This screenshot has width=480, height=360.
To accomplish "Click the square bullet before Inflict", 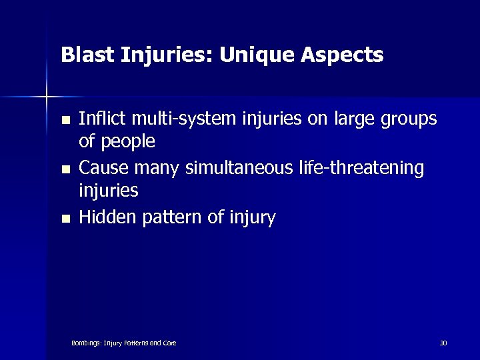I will point(65,121).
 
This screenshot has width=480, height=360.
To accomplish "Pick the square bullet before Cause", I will point(65,170).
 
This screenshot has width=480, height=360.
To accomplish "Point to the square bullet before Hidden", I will point(65,219).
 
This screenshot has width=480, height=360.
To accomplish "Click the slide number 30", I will point(443,343).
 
